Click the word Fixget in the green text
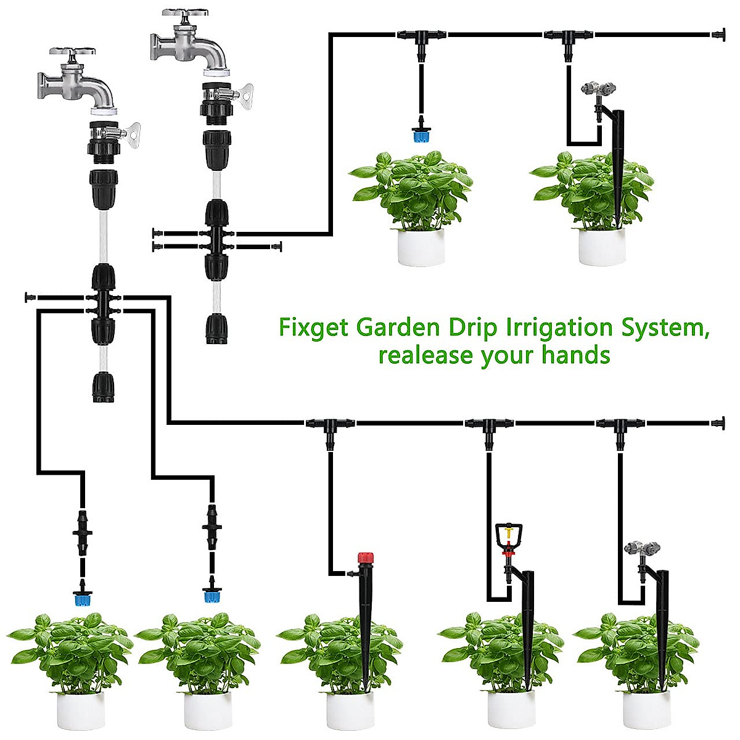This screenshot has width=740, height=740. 314,327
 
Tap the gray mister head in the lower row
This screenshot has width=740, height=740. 641,548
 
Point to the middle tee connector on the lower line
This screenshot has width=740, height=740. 488,425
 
